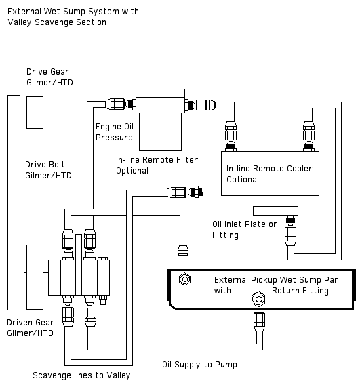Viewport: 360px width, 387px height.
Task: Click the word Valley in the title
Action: tap(20, 22)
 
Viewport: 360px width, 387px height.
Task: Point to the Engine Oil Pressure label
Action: tap(115, 132)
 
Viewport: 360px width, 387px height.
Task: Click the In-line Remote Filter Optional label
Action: tap(157, 165)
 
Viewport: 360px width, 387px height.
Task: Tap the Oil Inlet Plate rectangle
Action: tap(275, 211)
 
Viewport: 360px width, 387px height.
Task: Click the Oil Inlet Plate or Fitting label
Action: tap(245, 230)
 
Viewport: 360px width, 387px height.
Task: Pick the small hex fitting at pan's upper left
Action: tap(184, 279)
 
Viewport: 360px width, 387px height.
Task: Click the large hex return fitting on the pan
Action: tap(258, 299)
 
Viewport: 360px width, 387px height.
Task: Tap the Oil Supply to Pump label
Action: tap(199, 365)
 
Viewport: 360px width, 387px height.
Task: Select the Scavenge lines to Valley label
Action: tap(81, 375)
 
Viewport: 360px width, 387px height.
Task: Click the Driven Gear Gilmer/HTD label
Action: tap(31, 328)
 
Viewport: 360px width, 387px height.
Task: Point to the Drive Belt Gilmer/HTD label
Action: tap(48, 170)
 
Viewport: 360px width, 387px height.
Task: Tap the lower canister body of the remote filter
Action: tap(160, 131)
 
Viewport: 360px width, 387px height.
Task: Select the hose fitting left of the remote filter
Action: tap(115, 104)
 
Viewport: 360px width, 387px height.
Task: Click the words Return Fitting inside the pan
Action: tap(300, 291)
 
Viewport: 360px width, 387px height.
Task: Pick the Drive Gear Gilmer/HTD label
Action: tap(49, 77)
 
